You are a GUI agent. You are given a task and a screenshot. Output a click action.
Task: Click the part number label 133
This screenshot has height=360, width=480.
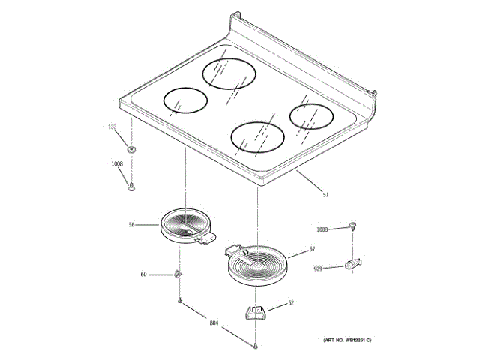[x=112, y=127]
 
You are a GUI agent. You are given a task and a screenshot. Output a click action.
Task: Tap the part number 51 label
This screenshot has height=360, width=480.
[x=325, y=196]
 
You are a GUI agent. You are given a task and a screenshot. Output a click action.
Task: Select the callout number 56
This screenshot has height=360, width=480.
[x=131, y=224]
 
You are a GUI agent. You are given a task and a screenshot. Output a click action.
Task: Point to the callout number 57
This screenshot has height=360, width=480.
[x=312, y=248]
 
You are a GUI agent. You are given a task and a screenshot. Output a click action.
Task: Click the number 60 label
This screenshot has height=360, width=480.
[x=143, y=274]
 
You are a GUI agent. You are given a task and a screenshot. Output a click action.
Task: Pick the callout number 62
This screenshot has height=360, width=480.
[x=292, y=304]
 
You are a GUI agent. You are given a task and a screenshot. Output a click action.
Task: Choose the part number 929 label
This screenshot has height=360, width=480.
[x=319, y=268]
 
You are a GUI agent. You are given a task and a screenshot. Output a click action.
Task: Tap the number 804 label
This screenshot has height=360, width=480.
[x=213, y=323]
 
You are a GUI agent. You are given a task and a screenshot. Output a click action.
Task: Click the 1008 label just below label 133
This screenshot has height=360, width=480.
[x=117, y=163]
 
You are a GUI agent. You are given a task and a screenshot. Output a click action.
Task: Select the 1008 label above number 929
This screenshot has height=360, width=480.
[x=322, y=229]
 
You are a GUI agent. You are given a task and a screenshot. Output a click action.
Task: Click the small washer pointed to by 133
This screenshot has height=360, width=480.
[x=132, y=148]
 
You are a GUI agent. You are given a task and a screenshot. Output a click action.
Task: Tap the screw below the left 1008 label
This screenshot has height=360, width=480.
[x=131, y=184]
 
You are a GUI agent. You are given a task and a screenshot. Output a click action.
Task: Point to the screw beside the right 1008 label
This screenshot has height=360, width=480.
[x=352, y=225]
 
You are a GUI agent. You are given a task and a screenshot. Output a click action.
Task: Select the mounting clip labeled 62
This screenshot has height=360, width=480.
[x=255, y=311]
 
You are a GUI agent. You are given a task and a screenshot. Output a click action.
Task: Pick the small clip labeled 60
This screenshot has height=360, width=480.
[x=178, y=274]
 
